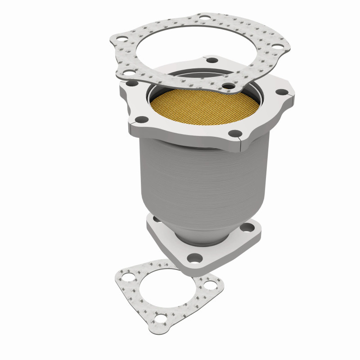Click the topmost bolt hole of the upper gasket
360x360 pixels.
tap(205, 19)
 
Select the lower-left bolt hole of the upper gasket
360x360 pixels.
tap(128, 72)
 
